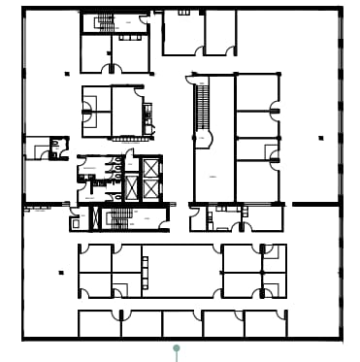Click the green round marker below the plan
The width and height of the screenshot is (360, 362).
pyautogui.click(x=176, y=346)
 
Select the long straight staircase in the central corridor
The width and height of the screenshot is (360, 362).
pyautogui.click(x=203, y=106)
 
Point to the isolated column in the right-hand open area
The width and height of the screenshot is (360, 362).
pyautogui.click(x=319, y=139)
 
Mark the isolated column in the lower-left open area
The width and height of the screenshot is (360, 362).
pyautogui.click(x=60, y=273)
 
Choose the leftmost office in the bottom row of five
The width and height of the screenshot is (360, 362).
pyautogui.click(x=98, y=323)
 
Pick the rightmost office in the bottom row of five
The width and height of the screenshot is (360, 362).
pyautogui.click(x=266, y=323)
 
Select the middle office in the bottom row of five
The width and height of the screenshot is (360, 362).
pyautogui.click(x=182, y=323)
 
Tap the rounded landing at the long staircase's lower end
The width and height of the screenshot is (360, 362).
pyautogui.click(x=203, y=141)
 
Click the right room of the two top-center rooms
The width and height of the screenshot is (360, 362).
pyautogui.click(x=221, y=32)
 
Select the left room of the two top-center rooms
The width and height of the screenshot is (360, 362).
pyautogui.click(x=180, y=32)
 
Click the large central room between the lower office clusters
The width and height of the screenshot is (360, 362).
pyautogui.click(x=182, y=271)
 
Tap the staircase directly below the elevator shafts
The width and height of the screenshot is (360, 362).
pyautogui.click(x=119, y=218)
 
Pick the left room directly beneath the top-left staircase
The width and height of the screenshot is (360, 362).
pyautogui.click(x=95, y=53)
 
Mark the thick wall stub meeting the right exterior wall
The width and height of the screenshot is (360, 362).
pyautogui.click(x=315, y=205)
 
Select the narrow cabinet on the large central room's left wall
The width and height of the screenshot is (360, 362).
pyautogui.click(x=145, y=264)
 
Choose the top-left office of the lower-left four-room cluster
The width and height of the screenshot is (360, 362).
pyautogui.click(x=95, y=258)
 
